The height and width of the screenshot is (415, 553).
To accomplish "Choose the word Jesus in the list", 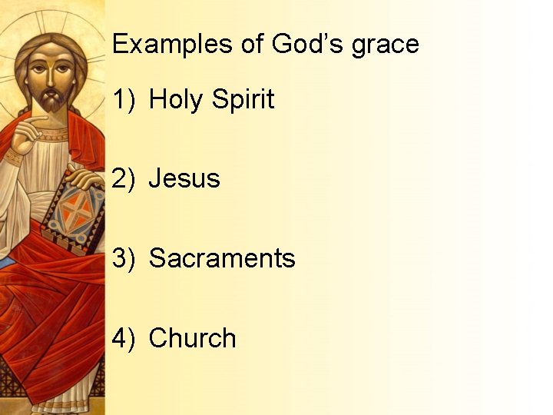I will coord(184,178).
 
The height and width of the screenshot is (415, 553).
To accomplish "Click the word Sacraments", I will coord(222,258).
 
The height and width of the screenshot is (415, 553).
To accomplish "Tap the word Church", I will coord(192,338).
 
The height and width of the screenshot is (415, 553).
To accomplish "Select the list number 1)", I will coord(124,100).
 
